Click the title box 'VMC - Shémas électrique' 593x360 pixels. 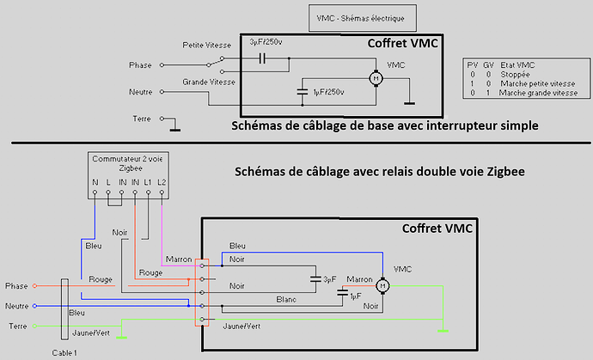pos(363,18)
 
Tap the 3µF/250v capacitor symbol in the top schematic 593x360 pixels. pos(262,58)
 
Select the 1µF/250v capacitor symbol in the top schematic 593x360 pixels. pos(303,92)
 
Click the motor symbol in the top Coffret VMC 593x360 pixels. pos(376,78)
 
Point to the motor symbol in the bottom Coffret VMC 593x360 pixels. pos(382,285)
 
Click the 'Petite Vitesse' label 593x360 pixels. pos(207,45)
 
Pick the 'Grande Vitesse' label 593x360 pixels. pos(209,82)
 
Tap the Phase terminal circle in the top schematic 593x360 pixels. pos(162,65)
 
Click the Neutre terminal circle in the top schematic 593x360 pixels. pos(162,92)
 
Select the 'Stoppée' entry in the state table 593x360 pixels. pos(515,75)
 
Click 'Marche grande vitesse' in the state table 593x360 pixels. pos(538,93)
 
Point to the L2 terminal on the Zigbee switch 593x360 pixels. pos(162,192)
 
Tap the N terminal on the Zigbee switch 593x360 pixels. pos(95,192)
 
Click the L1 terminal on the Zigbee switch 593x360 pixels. pos(148,192)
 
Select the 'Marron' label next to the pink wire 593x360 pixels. pos(179,259)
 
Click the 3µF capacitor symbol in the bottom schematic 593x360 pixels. pos(315,279)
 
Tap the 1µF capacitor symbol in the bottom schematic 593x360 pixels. pos(343,292)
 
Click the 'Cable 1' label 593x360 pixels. pos(64,353)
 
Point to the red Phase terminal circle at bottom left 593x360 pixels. pos(34,286)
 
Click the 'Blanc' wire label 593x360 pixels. pos(286,300)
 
